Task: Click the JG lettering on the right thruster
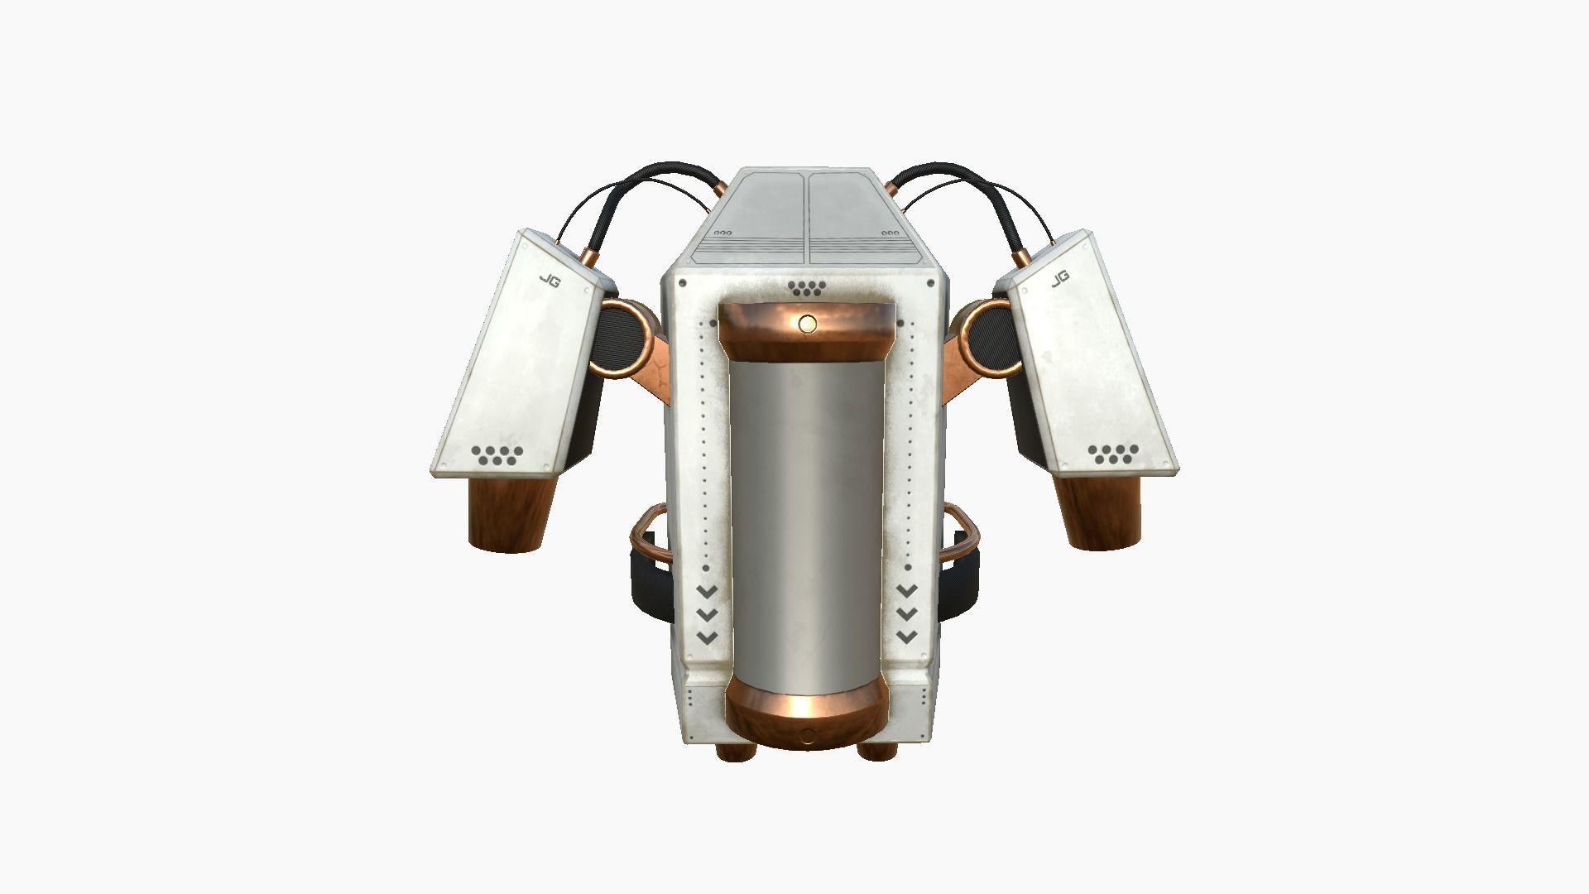coord(1060,279)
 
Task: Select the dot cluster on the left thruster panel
coord(497,454)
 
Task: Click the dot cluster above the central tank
coord(807,288)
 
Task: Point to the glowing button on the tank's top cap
coord(808,324)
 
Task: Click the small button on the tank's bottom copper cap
coord(807,735)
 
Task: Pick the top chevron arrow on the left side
coord(707,591)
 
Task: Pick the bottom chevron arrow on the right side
coord(907,637)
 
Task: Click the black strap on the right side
coord(960,584)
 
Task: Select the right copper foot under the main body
coord(878,752)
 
